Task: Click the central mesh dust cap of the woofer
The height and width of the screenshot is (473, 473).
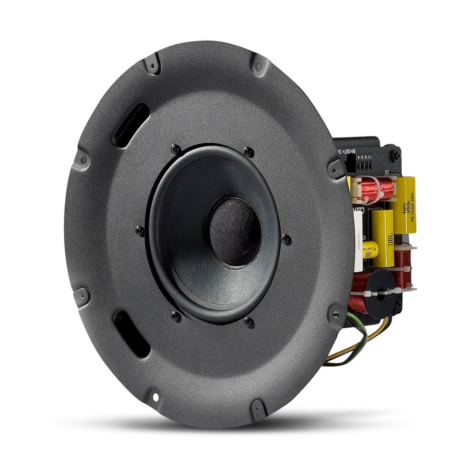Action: (235, 231)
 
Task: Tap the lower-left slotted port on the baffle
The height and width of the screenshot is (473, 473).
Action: (131, 333)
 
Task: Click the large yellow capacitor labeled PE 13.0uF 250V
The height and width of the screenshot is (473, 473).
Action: (404, 205)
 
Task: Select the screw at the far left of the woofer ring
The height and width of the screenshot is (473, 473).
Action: (138, 231)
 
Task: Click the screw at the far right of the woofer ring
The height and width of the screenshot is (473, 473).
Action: (287, 238)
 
